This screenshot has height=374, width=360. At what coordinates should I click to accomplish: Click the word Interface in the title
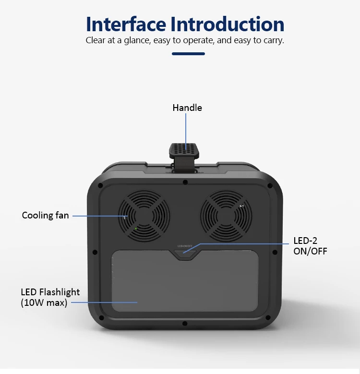coord(126,24)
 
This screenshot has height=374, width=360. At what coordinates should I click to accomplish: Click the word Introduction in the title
coord(228,24)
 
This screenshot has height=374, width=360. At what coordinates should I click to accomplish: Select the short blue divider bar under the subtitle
coord(188,54)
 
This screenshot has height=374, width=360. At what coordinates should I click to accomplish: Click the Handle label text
coord(187,108)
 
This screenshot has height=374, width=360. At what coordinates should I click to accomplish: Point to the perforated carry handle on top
coord(184,150)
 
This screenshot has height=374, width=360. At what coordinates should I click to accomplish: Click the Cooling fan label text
coord(45,216)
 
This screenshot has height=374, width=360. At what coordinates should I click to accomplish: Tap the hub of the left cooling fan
coord(144,216)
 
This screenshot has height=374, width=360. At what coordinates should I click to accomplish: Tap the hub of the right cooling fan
coord(226,217)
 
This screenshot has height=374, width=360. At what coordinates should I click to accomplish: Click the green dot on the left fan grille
coord(136,229)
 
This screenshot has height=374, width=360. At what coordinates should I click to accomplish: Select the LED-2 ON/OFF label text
coord(310,246)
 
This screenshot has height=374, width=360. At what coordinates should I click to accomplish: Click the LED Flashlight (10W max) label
coord(50,298)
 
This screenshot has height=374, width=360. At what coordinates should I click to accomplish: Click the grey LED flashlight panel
coord(185,281)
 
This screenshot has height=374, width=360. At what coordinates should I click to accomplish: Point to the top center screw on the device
coord(185,182)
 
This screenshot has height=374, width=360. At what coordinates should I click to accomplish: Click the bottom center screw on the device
coord(185,324)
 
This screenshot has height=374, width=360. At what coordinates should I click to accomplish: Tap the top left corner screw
coord(100,186)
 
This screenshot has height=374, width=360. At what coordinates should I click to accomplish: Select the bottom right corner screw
coord(268,318)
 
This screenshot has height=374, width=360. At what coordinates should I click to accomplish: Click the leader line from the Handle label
coord(186,131)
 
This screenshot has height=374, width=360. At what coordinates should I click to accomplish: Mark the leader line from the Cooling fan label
coord(100,216)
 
